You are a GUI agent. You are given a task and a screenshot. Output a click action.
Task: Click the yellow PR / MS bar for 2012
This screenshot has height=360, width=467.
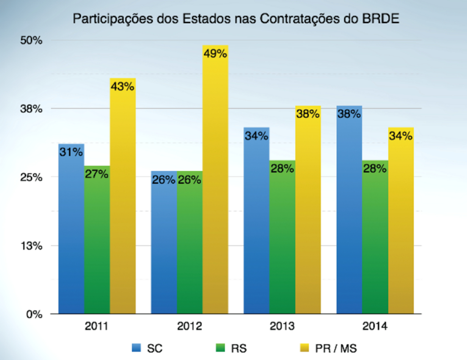pos(215,183)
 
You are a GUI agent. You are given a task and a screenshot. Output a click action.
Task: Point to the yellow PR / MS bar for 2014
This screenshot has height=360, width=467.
pos(401,224)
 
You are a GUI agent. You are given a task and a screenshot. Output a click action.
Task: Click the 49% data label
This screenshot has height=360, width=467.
pos(215,54)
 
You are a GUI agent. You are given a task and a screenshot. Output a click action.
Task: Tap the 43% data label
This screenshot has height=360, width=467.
pos(123,86)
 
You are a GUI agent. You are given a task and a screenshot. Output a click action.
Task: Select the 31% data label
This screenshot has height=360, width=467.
pos(71,152)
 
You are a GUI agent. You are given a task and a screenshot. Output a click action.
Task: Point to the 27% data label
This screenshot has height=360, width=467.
pos(97,174)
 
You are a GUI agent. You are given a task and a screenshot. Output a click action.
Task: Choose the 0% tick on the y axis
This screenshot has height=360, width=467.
pos(35,314)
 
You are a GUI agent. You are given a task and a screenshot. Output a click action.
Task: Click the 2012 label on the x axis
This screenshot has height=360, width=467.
pos(189,327)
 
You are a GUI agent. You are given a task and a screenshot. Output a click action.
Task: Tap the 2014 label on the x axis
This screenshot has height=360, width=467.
pos(375,327)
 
